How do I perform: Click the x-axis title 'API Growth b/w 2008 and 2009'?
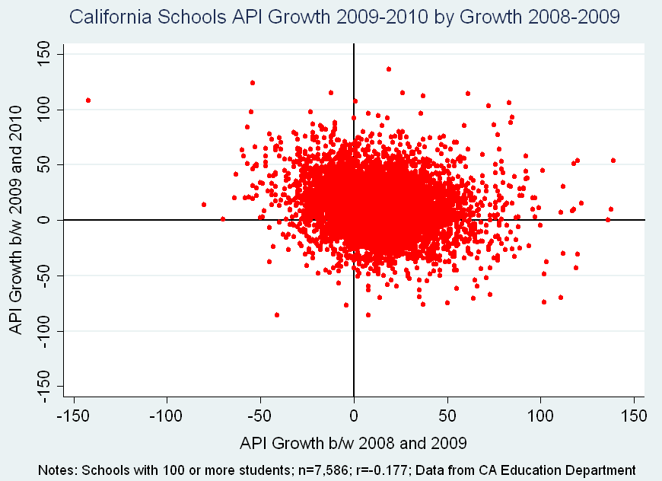click(354, 443)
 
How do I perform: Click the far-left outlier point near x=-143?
click(88, 100)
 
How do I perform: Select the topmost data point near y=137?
click(389, 69)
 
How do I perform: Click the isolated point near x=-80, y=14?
click(204, 205)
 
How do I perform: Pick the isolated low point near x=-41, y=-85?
click(277, 314)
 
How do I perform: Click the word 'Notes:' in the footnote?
click(54, 470)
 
